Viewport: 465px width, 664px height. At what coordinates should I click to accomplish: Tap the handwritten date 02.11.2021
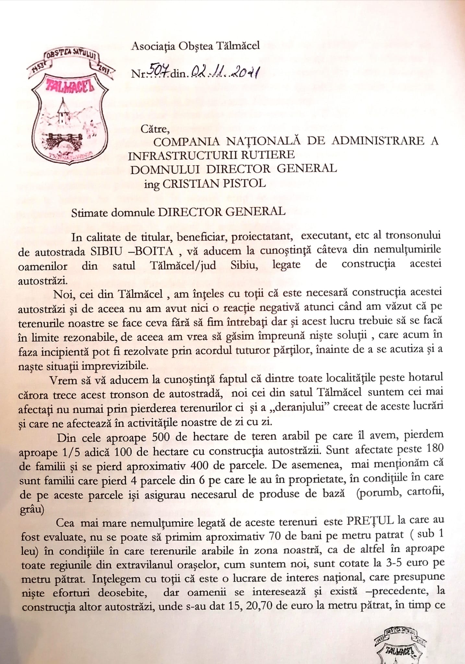(x=224, y=72)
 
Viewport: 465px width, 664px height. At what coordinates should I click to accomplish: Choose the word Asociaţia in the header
(x=150, y=46)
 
